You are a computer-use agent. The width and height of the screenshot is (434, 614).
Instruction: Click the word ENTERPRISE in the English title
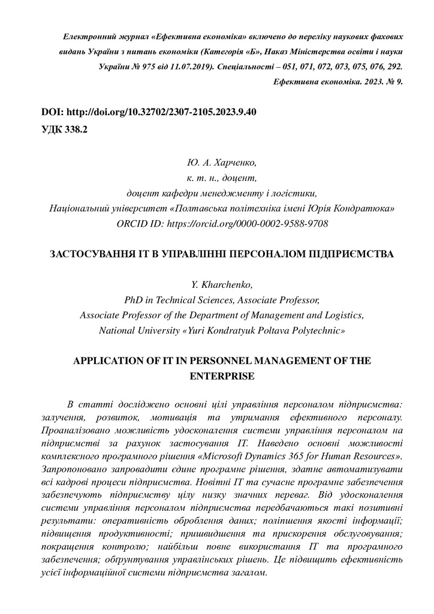coord(222,376)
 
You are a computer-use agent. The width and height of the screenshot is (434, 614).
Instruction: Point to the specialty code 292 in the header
coord(394,67)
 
